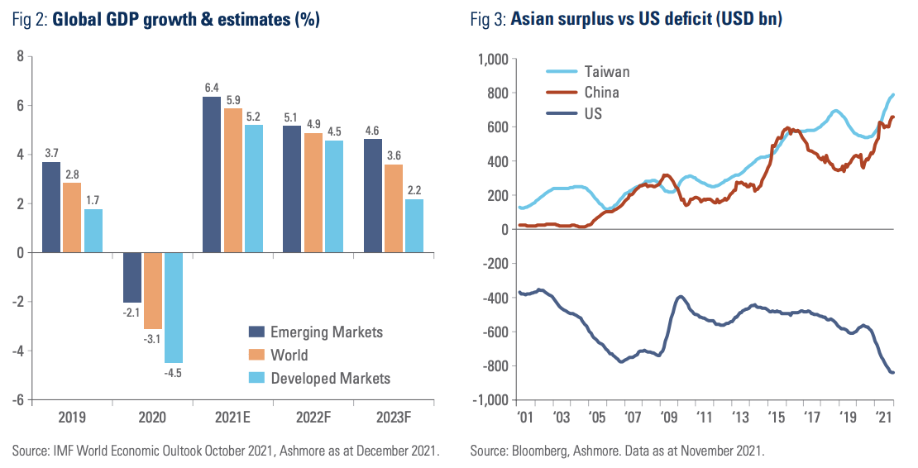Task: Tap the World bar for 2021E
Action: click(x=232, y=180)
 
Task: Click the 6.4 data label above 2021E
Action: click(x=212, y=87)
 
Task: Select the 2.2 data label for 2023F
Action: click(x=414, y=189)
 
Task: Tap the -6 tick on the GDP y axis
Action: click(x=17, y=400)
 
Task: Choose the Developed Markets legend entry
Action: click(x=330, y=378)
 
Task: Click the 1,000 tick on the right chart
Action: click(x=490, y=59)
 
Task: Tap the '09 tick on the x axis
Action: click(x=669, y=416)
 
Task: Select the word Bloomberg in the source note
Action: click(x=536, y=451)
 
